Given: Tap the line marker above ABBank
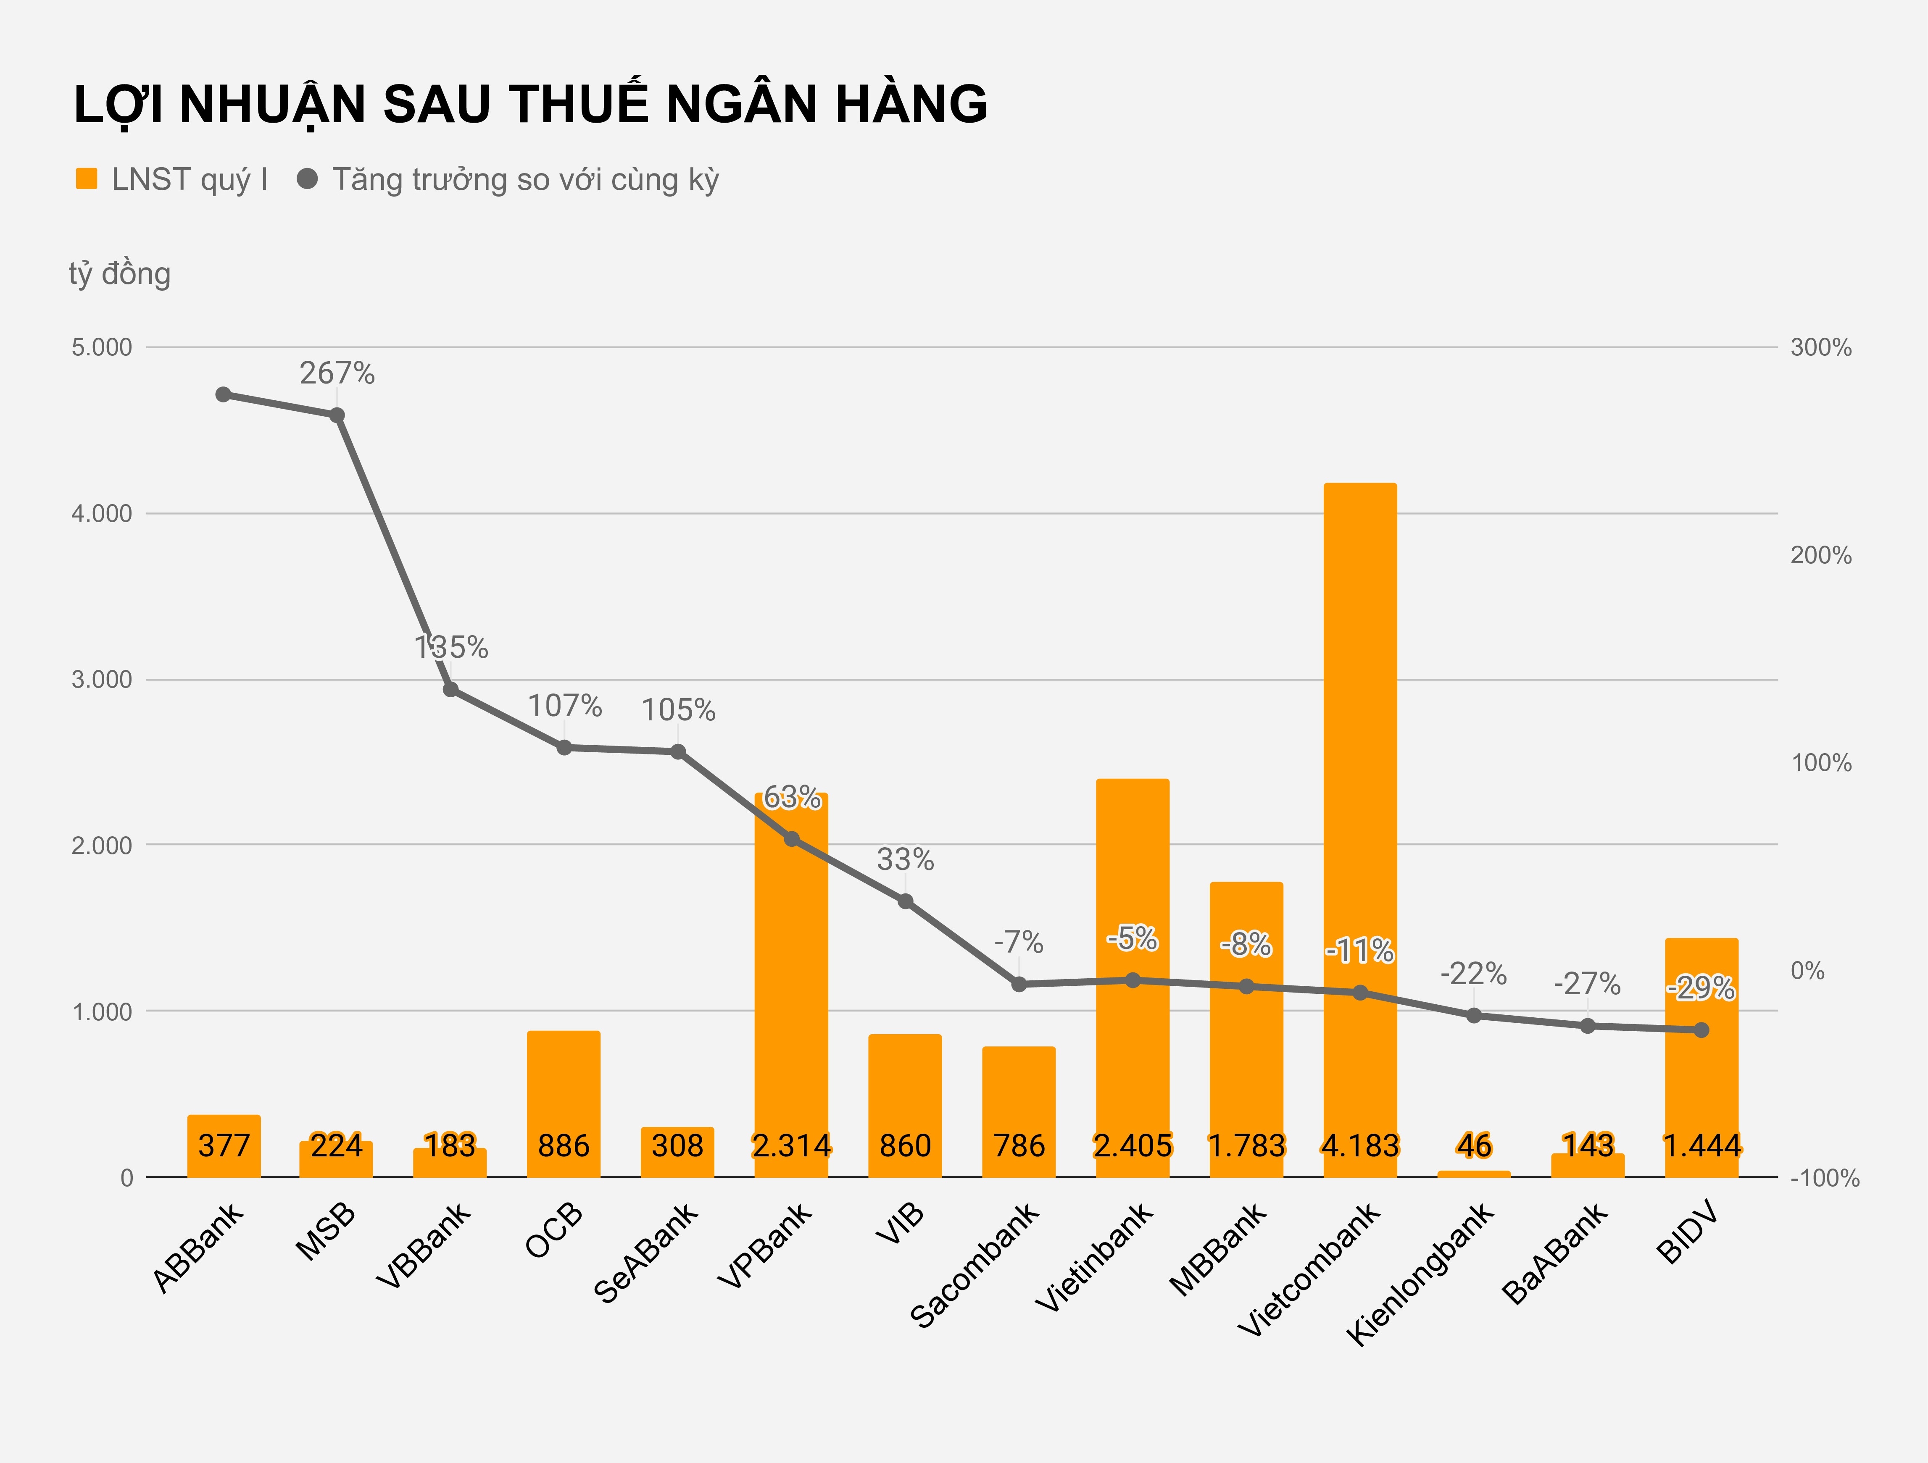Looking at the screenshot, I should click(x=223, y=395).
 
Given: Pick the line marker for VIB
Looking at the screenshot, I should click(x=906, y=901).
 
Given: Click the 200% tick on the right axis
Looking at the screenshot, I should click(x=1821, y=555).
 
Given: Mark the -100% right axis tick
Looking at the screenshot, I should click(x=1824, y=1178).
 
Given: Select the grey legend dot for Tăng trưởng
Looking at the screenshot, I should click(x=307, y=179).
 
